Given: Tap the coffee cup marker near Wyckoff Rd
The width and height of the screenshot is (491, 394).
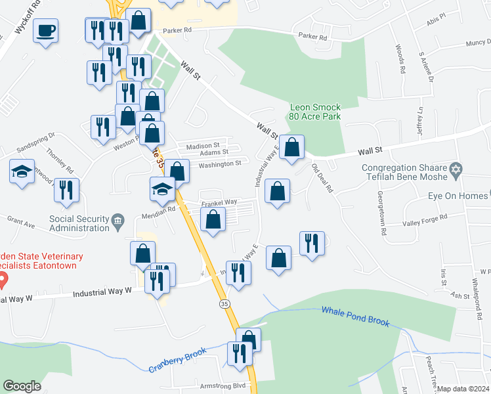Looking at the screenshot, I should pyautogui.click(x=46, y=31).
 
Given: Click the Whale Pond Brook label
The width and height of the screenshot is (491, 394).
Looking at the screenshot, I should pyautogui.click(x=356, y=315).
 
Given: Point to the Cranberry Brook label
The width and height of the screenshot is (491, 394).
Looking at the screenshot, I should pyautogui.click(x=177, y=361).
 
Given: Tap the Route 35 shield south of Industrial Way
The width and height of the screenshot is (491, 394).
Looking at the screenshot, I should pyautogui.click(x=224, y=305).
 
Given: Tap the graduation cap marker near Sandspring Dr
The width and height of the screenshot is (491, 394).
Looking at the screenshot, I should pyautogui.click(x=22, y=173).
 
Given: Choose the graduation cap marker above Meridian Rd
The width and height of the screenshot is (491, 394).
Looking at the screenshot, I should pyautogui.click(x=162, y=189).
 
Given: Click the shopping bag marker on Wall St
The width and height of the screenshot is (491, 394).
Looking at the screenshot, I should pyautogui.click(x=291, y=147).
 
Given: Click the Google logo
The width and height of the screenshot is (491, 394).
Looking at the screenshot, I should pyautogui.click(x=22, y=386).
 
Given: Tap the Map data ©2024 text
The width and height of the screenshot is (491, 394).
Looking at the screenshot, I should pyautogui.click(x=463, y=389).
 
